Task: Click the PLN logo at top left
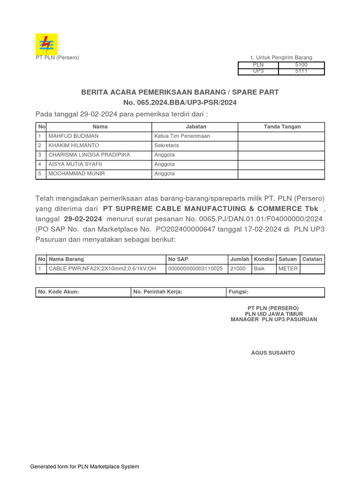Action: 47,44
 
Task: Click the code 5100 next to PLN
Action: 301,65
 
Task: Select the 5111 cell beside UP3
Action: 301,72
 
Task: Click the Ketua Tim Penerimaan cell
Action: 182,136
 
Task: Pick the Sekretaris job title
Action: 167,145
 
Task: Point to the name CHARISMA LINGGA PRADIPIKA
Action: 90,155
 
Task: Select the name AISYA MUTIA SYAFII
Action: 75,164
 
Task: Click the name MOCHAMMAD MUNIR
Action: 77,173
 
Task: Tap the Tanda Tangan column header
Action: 282,127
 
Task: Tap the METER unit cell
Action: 288,269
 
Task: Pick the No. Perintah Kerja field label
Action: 158,292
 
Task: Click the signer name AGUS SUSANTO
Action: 273,352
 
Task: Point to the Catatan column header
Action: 312,259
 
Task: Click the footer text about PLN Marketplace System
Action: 84,466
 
